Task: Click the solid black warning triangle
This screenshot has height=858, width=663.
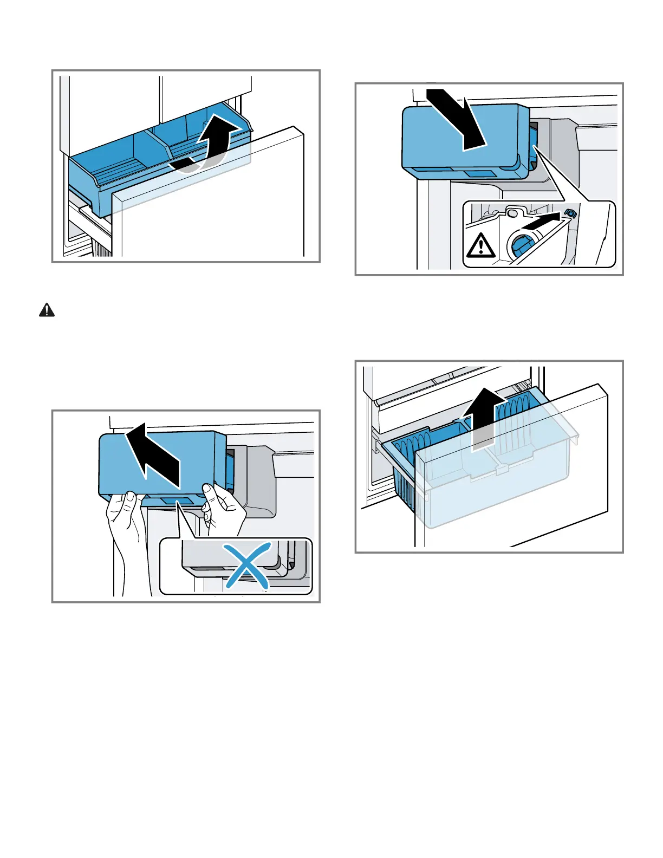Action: [47, 310]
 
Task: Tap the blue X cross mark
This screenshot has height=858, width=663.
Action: [247, 566]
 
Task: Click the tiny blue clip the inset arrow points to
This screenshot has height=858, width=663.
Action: [570, 213]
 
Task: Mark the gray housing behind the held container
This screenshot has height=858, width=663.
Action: [255, 477]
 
